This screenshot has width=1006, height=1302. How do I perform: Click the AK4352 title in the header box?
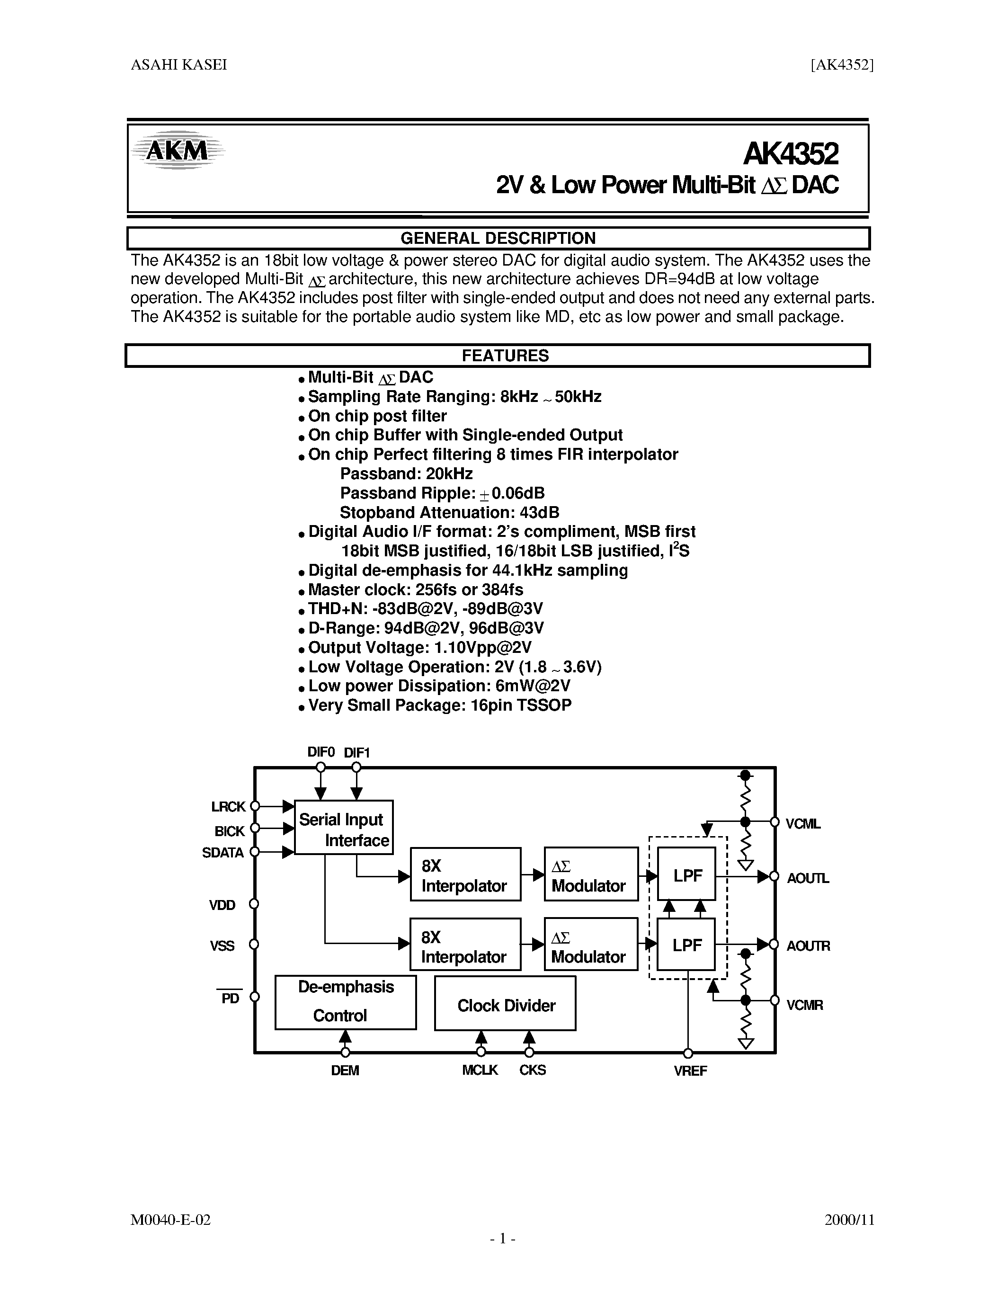coord(790,154)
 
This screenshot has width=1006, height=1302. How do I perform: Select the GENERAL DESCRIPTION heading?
coord(498,239)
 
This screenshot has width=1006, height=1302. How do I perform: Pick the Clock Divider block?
coord(506,1005)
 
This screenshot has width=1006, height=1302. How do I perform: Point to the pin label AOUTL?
coord(808,878)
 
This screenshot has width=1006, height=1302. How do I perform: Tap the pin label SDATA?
coord(223,853)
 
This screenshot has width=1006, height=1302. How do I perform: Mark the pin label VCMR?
coord(804,1005)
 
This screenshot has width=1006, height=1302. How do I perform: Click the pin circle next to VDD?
coord(254,904)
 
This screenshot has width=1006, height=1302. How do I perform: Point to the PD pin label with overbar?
coord(230,998)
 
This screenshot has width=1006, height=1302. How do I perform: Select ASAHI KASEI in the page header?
coord(179,65)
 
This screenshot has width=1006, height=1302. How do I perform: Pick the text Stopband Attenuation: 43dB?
coord(449,513)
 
